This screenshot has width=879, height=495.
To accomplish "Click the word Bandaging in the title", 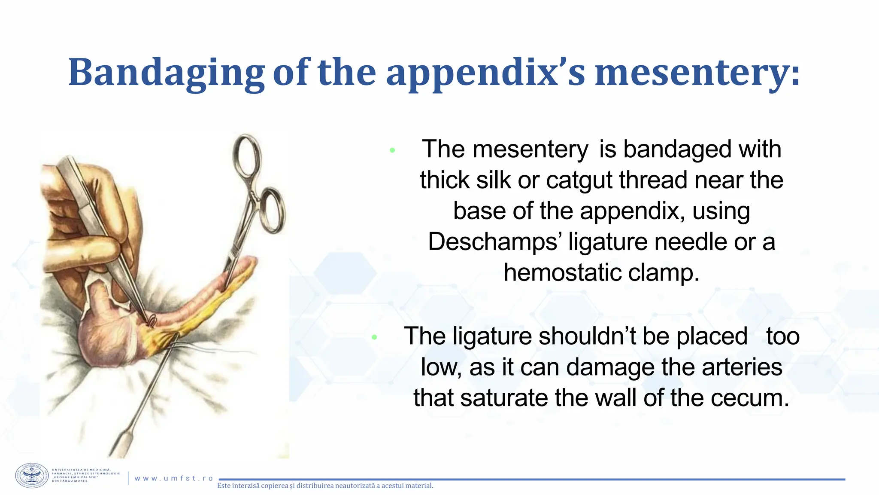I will pyautogui.click(x=166, y=72).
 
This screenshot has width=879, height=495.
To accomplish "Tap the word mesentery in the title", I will pyautogui.click(x=697, y=72).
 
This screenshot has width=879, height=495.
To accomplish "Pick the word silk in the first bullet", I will pyautogui.click(x=493, y=180).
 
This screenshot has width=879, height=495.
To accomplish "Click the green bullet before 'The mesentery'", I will pyautogui.click(x=392, y=150).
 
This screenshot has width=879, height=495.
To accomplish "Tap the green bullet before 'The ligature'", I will pyautogui.click(x=374, y=337).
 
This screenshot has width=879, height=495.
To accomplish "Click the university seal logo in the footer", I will pyautogui.click(x=32, y=476).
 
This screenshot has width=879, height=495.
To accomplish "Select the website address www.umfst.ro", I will pyautogui.click(x=174, y=478).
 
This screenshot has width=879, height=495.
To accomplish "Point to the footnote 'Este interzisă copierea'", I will pyautogui.click(x=325, y=486).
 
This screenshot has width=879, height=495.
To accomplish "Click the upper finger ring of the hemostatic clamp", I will pyautogui.click(x=247, y=156).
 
